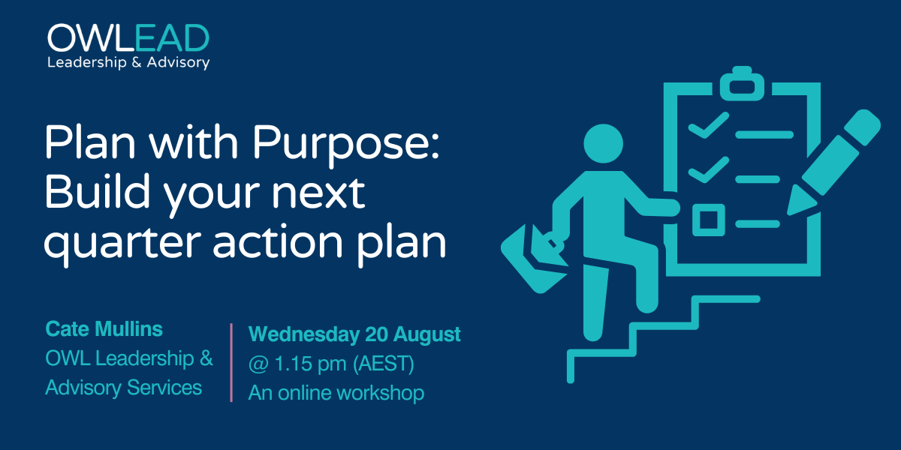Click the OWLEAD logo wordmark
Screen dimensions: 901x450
[x=128, y=37]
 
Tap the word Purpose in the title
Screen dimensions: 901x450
[x=345, y=145]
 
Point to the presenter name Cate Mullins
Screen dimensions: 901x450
[x=104, y=328]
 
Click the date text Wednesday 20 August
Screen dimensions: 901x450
[x=354, y=334]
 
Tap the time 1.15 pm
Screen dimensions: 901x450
[x=310, y=364]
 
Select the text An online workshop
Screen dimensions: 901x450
[x=336, y=392]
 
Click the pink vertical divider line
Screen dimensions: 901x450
[x=231, y=362]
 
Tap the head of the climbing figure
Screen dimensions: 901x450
[x=604, y=143]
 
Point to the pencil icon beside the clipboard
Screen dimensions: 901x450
[x=833, y=162]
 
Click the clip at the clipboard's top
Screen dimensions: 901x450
[x=742, y=83]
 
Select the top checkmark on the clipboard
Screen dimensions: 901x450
[x=709, y=125]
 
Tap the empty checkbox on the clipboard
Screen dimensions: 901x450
[x=709, y=220]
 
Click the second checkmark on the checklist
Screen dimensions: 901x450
[x=709, y=169]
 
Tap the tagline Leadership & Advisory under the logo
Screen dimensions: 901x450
[x=128, y=63]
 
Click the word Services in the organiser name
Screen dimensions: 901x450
[x=164, y=387]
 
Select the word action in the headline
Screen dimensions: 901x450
[x=278, y=241]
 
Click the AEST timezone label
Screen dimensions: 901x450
[x=384, y=364]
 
